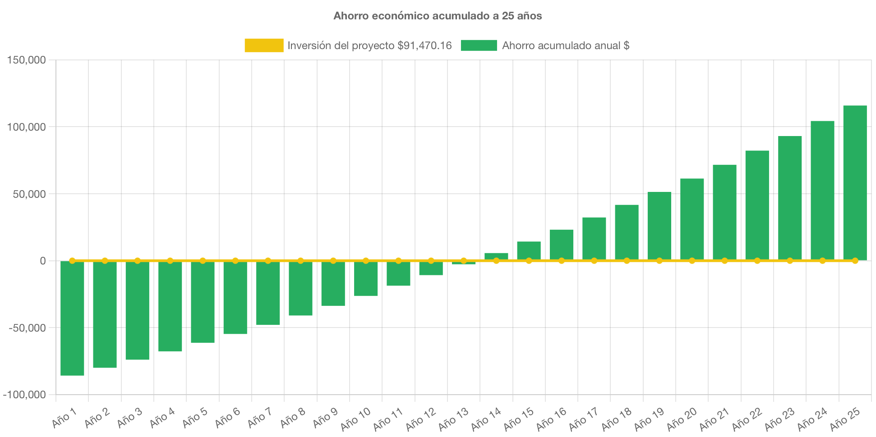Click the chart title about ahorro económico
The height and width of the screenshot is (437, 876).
click(x=438, y=16)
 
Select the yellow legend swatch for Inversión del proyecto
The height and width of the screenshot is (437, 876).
click(x=264, y=45)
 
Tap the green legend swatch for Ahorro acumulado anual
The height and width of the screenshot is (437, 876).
click(x=479, y=45)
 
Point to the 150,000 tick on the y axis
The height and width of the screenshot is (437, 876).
click(x=27, y=60)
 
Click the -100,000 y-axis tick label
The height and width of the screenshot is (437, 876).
click(x=25, y=395)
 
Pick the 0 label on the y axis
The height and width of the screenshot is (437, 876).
click(x=42, y=261)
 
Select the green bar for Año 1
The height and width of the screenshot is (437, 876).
click(x=72, y=318)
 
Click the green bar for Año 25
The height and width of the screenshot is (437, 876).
click(x=855, y=182)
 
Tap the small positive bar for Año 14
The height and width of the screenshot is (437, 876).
click(x=496, y=255)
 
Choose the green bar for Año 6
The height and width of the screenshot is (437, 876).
click(x=235, y=297)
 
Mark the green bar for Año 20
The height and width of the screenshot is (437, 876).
click(x=692, y=219)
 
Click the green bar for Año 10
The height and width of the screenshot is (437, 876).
click(x=366, y=278)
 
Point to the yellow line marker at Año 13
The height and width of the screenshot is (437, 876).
click(x=464, y=260)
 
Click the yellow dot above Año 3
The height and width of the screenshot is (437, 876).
click(x=138, y=260)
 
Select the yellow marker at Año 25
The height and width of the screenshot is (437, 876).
click(x=855, y=260)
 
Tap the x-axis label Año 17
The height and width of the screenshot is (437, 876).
click(x=583, y=419)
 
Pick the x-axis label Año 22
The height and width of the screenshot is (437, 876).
click(x=747, y=419)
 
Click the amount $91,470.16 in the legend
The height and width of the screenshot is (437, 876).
click(x=424, y=46)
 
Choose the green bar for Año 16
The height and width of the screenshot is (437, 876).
click(x=562, y=245)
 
